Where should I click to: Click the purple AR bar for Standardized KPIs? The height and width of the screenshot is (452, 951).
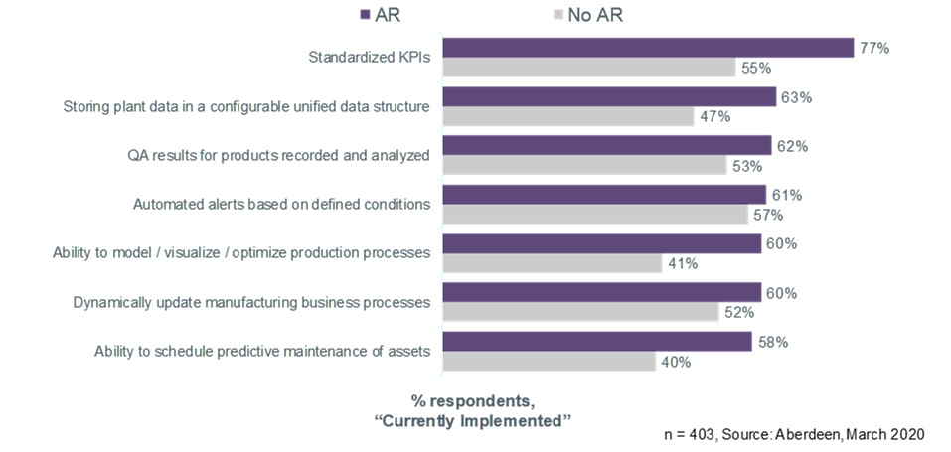click(x=648, y=48)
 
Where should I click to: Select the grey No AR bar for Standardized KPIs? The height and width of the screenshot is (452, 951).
click(x=589, y=68)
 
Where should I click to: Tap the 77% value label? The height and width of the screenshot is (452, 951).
click(x=873, y=48)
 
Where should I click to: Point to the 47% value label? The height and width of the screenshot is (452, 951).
click(x=714, y=116)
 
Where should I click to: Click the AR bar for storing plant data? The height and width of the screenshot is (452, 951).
click(x=609, y=96)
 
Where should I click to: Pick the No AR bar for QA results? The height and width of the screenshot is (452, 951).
click(x=584, y=166)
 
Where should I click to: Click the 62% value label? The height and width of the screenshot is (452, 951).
click(x=792, y=146)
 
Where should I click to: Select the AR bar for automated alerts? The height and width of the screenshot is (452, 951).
click(x=604, y=195)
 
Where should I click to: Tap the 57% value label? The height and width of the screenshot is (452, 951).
click(x=769, y=215)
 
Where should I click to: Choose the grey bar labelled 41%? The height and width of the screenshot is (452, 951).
click(x=553, y=263)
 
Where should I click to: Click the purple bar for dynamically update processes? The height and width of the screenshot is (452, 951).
click(x=602, y=292)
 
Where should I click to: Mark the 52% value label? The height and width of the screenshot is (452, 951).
click(x=739, y=312)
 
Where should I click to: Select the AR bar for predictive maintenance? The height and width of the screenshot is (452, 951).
click(x=597, y=342)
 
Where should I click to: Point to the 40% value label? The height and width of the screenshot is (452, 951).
click(x=676, y=362)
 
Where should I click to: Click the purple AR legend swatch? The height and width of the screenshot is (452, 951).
click(x=365, y=15)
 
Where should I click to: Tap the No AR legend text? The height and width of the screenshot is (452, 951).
click(x=595, y=15)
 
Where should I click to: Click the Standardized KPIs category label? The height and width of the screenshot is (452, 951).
click(x=371, y=57)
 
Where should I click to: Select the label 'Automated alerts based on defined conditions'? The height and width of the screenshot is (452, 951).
click(x=281, y=205)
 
